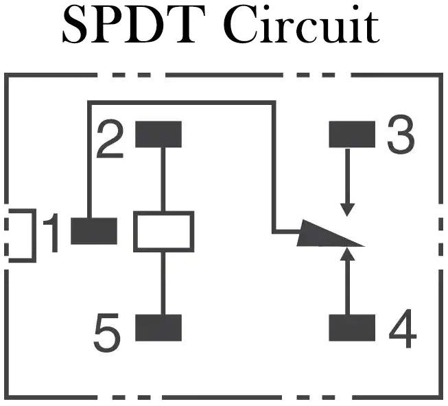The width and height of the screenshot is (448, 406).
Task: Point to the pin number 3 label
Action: [x=401, y=136]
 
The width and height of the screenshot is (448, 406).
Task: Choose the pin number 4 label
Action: [x=402, y=332]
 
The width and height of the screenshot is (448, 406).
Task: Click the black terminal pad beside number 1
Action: [x=94, y=230]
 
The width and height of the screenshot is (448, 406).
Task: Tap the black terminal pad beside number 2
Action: [x=158, y=134]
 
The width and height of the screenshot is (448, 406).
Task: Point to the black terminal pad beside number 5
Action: [x=158, y=328]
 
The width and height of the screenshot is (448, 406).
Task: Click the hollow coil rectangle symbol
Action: [x=163, y=231]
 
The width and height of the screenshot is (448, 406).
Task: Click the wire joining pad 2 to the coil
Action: [x=163, y=179]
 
